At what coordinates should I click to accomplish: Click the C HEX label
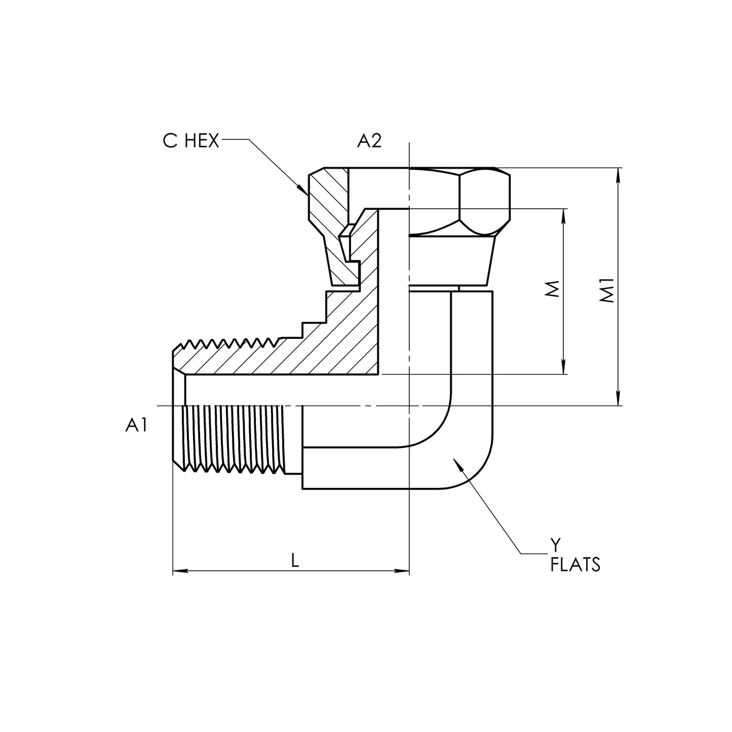pyautogui.click(x=191, y=141)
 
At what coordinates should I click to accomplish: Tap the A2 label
pyautogui.click(x=369, y=141)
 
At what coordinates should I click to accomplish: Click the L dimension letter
pyautogui.click(x=295, y=560)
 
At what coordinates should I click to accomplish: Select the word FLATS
pyautogui.click(x=575, y=565)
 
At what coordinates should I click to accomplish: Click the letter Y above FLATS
pyautogui.click(x=556, y=546)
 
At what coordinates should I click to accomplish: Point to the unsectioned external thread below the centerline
pyautogui.click(x=238, y=438)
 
